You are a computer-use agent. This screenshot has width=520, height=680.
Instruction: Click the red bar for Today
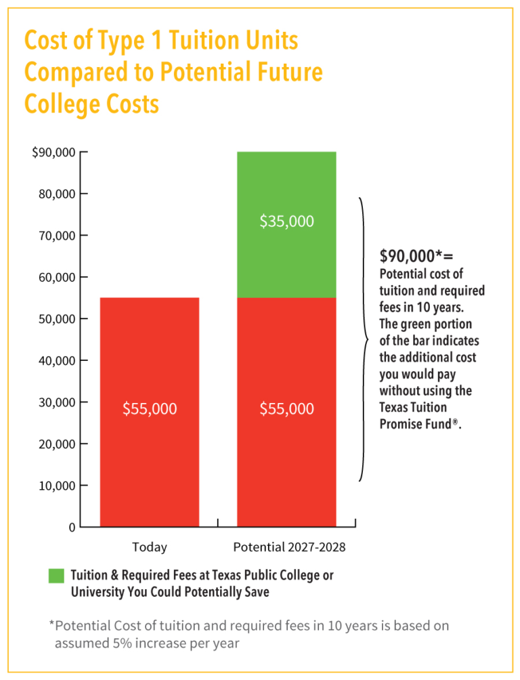tap(150, 352)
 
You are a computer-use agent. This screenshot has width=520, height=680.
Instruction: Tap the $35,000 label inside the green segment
tap(286, 221)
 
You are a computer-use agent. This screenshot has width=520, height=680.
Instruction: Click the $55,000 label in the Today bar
tap(150, 408)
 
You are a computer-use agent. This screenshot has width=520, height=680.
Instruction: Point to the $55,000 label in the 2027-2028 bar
tap(286, 408)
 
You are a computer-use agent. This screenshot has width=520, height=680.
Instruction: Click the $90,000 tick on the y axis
tap(54, 152)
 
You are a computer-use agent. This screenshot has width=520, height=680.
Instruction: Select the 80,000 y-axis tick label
tap(58, 194)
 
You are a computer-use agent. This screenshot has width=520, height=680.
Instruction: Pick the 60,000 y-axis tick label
tap(58, 277)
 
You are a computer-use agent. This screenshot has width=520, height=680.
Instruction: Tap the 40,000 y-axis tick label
tap(58, 360)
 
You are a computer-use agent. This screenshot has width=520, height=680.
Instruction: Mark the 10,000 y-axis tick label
tap(58, 486)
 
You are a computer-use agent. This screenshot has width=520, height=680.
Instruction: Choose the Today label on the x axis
tap(150, 547)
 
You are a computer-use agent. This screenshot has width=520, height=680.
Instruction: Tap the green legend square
tap(56, 576)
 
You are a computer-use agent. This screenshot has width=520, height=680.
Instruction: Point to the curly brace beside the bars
tap(364, 339)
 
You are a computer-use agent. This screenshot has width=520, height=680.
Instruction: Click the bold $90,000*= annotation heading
tap(416, 256)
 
